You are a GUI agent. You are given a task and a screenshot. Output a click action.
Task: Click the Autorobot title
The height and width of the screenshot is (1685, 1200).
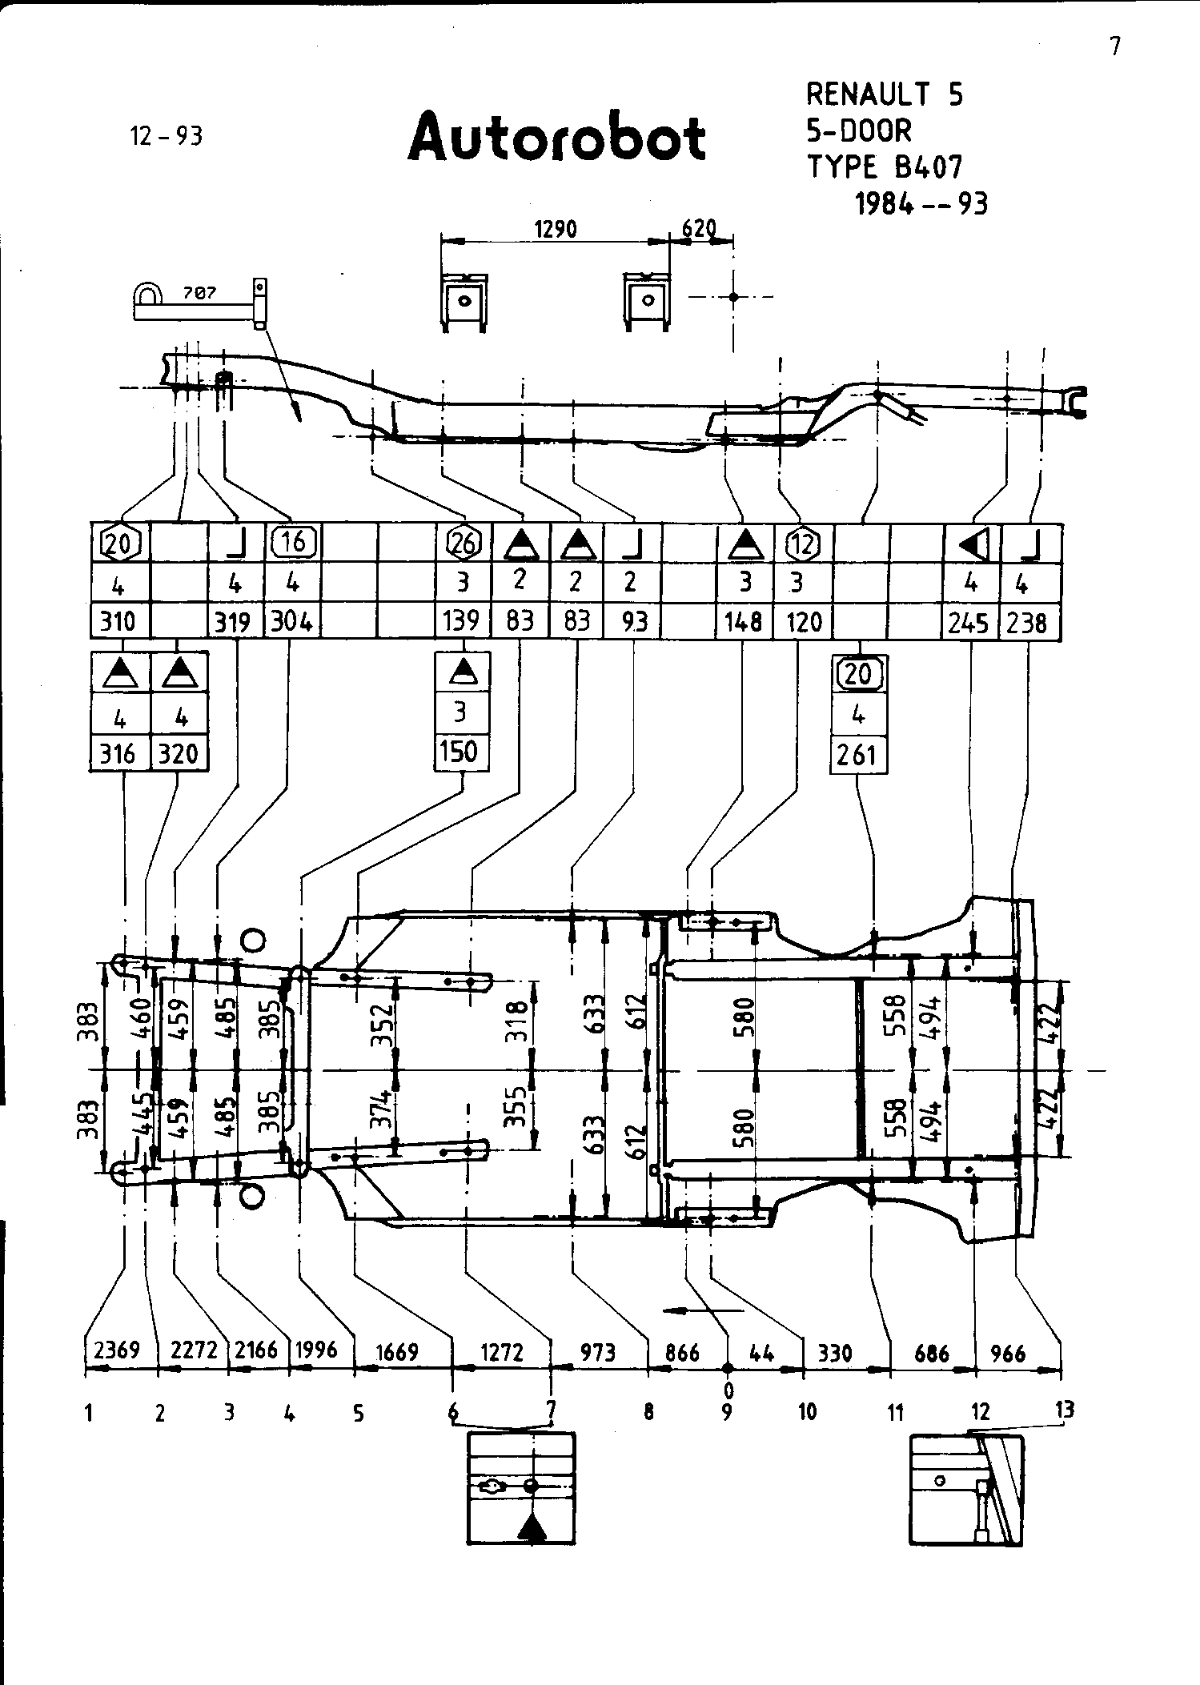click(x=556, y=138)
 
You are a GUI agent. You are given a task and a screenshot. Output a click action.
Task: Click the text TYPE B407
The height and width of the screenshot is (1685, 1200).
click(x=884, y=167)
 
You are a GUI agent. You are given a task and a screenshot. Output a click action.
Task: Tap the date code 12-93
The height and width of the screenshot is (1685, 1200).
click(x=167, y=136)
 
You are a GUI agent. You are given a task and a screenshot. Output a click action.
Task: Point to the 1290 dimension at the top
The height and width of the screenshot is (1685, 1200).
click(x=555, y=230)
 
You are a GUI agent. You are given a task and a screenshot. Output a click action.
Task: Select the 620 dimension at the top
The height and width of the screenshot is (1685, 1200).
click(x=698, y=229)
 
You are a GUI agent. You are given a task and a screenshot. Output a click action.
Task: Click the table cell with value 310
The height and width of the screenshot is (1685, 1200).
click(x=118, y=621)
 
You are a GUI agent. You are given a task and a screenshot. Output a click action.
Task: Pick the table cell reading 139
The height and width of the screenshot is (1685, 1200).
click(x=462, y=621)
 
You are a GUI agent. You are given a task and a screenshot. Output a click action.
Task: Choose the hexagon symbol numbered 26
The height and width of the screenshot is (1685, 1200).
click(x=463, y=544)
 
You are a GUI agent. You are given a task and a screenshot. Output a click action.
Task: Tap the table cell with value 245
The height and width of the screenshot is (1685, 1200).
click(x=969, y=622)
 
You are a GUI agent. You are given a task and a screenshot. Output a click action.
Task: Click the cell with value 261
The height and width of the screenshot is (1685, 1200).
click(x=857, y=754)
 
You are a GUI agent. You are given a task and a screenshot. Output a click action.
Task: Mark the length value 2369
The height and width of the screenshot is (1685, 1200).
click(x=117, y=1350)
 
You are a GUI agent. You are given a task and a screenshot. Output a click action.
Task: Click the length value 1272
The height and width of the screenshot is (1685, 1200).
click(x=502, y=1353)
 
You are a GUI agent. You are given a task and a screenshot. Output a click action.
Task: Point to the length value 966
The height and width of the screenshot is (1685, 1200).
click(x=1008, y=1354)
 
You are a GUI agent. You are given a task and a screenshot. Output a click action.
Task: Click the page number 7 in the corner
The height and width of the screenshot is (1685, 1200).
click(x=1114, y=47)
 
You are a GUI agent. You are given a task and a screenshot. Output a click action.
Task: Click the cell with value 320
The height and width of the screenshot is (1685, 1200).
click(x=179, y=754)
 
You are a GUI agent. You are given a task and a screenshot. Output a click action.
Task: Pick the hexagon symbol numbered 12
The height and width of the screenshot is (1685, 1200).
click(x=803, y=544)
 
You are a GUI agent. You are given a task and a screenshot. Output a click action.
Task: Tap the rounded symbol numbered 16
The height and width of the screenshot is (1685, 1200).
click(x=293, y=543)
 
